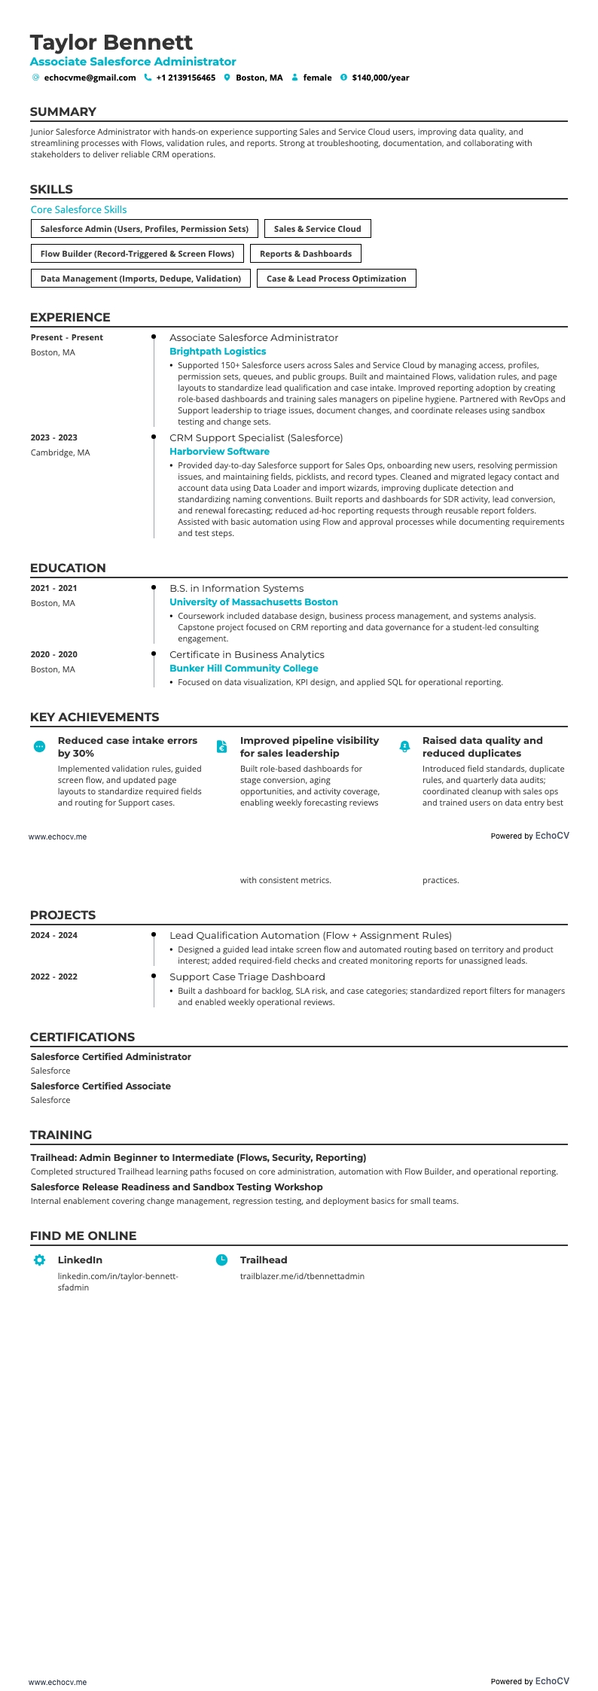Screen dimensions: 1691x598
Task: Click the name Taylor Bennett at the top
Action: (x=111, y=42)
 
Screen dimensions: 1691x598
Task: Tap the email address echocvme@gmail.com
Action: (x=90, y=78)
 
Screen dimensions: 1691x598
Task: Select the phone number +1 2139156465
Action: (x=185, y=78)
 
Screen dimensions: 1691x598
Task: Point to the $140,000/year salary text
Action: (x=380, y=78)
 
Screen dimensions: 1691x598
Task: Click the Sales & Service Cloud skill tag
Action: (x=317, y=229)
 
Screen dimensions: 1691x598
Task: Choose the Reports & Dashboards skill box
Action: (x=306, y=254)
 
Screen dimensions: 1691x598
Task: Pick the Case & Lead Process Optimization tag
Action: (x=336, y=279)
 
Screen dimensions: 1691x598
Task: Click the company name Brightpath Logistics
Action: (x=218, y=352)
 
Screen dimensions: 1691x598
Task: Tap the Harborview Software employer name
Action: (x=219, y=452)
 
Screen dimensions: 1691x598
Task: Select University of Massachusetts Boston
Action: (x=253, y=602)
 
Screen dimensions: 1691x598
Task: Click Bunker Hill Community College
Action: (x=243, y=669)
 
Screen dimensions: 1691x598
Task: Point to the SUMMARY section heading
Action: (x=63, y=112)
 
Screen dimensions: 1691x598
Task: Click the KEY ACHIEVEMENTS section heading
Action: (x=94, y=718)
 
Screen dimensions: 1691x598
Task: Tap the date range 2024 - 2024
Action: (x=54, y=935)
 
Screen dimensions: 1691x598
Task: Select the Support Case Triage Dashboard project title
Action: (x=247, y=977)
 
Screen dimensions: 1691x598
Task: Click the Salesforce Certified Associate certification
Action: (x=101, y=1086)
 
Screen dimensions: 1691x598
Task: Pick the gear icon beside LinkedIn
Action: (x=40, y=1260)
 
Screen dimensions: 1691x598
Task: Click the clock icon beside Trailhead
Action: (x=221, y=1260)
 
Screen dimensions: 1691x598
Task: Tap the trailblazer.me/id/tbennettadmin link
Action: (x=302, y=1276)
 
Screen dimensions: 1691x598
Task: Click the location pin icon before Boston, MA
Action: (x=227, y=78)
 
